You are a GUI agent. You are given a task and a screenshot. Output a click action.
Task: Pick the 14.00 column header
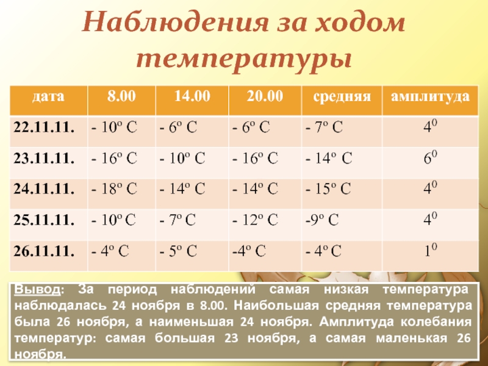click(192, 96)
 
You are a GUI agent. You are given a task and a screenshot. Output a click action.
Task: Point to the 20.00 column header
click(265, 96)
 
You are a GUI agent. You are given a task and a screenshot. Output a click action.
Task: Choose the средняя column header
click(342, 96)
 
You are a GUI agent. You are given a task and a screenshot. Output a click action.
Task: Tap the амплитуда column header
click(430, 96)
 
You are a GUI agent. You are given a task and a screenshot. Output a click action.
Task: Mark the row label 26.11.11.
click(45, 250)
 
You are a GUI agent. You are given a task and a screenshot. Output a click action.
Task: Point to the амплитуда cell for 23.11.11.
click(430, 159)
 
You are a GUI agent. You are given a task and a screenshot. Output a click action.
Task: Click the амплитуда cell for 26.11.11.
click(430, 250)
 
